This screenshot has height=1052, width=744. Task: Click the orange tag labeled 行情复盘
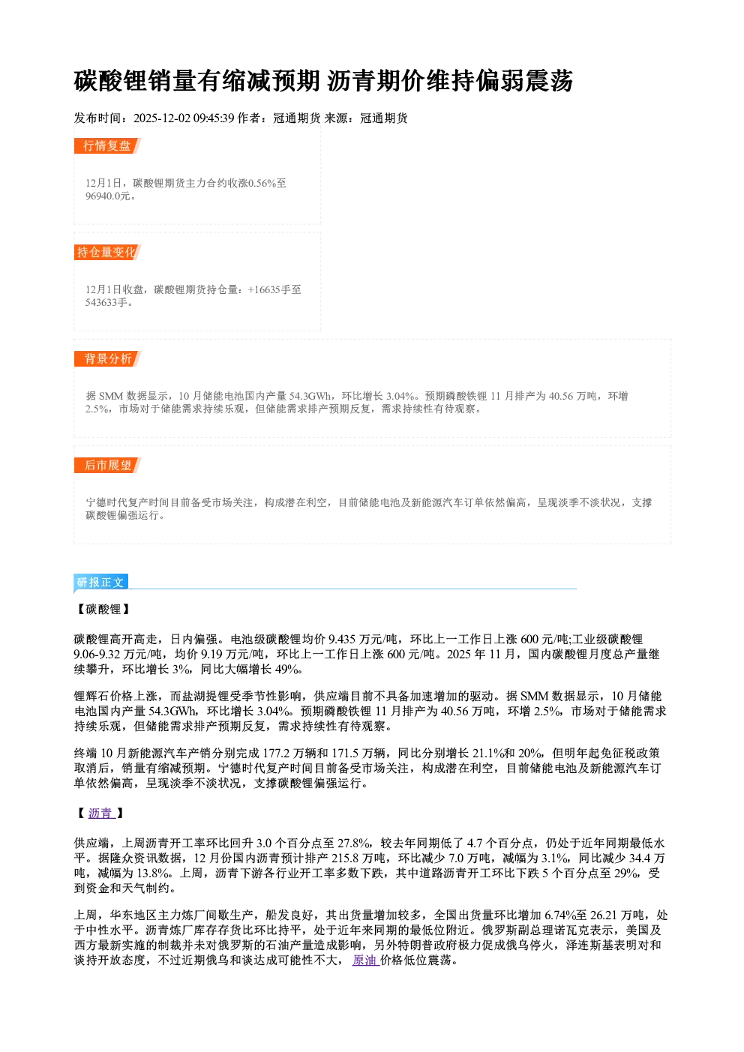tap(107, 145)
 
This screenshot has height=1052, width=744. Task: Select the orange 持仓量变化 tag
tap(107, 252)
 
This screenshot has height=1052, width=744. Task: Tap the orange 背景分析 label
tap(107, 359)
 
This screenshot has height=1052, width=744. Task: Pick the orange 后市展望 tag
tap(107, 466)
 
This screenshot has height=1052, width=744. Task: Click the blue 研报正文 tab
tap(100, 583)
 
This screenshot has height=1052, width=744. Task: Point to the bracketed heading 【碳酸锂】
tap(103, 609)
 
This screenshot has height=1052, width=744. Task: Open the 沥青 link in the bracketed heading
tap(102, 813)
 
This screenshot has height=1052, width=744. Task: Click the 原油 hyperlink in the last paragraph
tap(366, 960)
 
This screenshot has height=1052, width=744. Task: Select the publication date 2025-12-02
tap(162, 118)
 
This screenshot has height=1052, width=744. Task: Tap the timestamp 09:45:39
tap(214, 118)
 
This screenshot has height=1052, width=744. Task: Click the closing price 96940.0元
tap(108, 196)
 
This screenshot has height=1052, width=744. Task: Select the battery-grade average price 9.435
tap(342, 639)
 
